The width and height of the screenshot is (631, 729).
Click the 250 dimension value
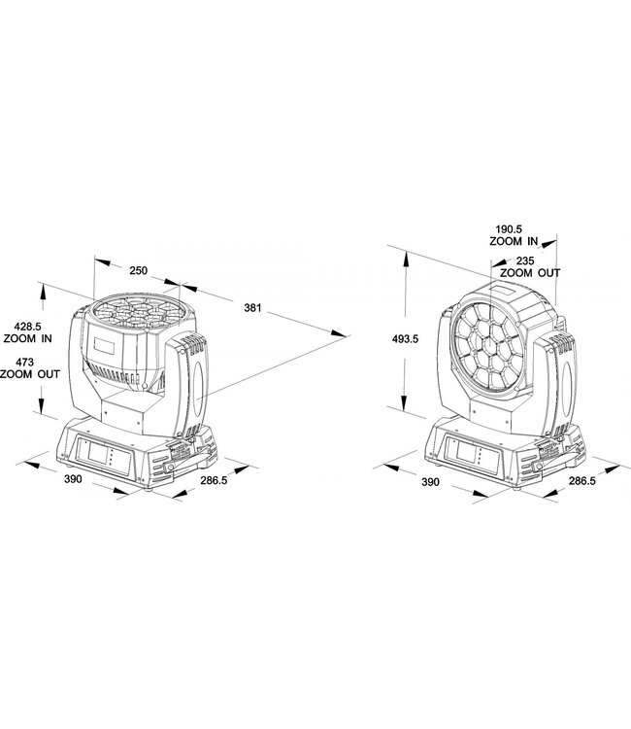click(138, 270)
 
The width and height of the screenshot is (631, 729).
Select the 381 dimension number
click(252, 308)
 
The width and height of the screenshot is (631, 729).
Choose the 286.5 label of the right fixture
click(581, 480)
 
